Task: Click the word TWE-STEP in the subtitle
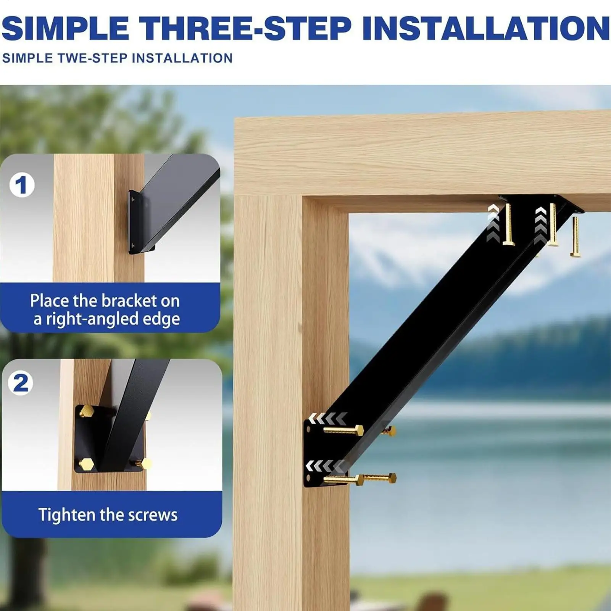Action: tap(92, 58)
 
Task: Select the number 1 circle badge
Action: tap(22, 185)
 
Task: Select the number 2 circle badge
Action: tap(21, 383)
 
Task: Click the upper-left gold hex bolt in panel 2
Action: tap(87, 411)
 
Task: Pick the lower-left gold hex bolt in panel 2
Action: tap(86, 464)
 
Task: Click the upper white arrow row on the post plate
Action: tap(328, 418)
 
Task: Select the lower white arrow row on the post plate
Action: tap(326, 466)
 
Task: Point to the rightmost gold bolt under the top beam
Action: tap(576, 236)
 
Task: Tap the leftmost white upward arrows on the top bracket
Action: tap(493, 223)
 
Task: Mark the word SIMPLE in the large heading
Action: tap(65, 28)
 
